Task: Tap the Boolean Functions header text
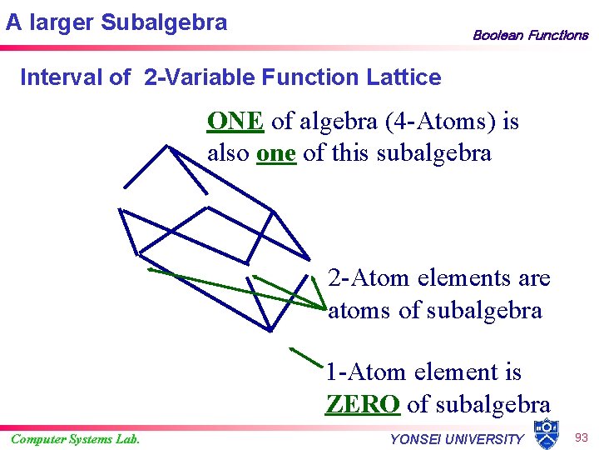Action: pyautogui.click(x=530, y=35)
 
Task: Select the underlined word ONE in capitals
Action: pyautogui.click(x=235, y=122)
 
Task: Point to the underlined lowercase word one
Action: pyautogui.click(x=276, y=154)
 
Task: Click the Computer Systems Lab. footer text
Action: pyautogui.click(x=75, y=439)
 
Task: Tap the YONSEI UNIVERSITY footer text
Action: pyautogui.click(x=457, y=439)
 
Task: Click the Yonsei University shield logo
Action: pyautogui.click(x=546, y=431)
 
